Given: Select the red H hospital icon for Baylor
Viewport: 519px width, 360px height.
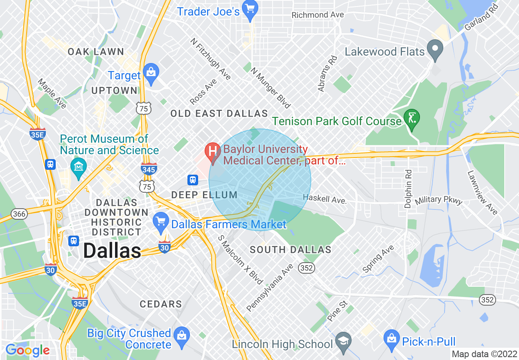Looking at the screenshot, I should (x=213, y=151).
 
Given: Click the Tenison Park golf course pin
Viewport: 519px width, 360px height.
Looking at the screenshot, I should (x=412, y=118).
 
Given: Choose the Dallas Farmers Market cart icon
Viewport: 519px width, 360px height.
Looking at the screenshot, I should (x=161, y=221).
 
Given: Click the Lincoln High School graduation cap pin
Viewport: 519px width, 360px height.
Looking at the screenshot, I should (x=343, y=340).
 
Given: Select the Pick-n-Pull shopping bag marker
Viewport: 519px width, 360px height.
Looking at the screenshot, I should (x=392, y=338).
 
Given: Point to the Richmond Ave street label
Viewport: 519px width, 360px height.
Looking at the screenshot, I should (x=317, y=15).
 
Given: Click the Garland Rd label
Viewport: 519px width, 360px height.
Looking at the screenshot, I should (x=483, y=18).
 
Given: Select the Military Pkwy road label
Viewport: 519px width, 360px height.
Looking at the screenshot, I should (x=438, y=200).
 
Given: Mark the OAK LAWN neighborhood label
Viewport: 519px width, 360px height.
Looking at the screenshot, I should (x=96, y=52).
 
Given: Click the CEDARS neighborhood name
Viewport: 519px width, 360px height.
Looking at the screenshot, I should (x=161, y=304).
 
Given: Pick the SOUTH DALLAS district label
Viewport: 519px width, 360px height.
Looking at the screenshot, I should (x=290, y=250).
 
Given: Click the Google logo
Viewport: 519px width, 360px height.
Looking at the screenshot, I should (x=27, y=350).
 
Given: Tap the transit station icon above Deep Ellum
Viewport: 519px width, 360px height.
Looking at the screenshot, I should (x=192, y=180).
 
